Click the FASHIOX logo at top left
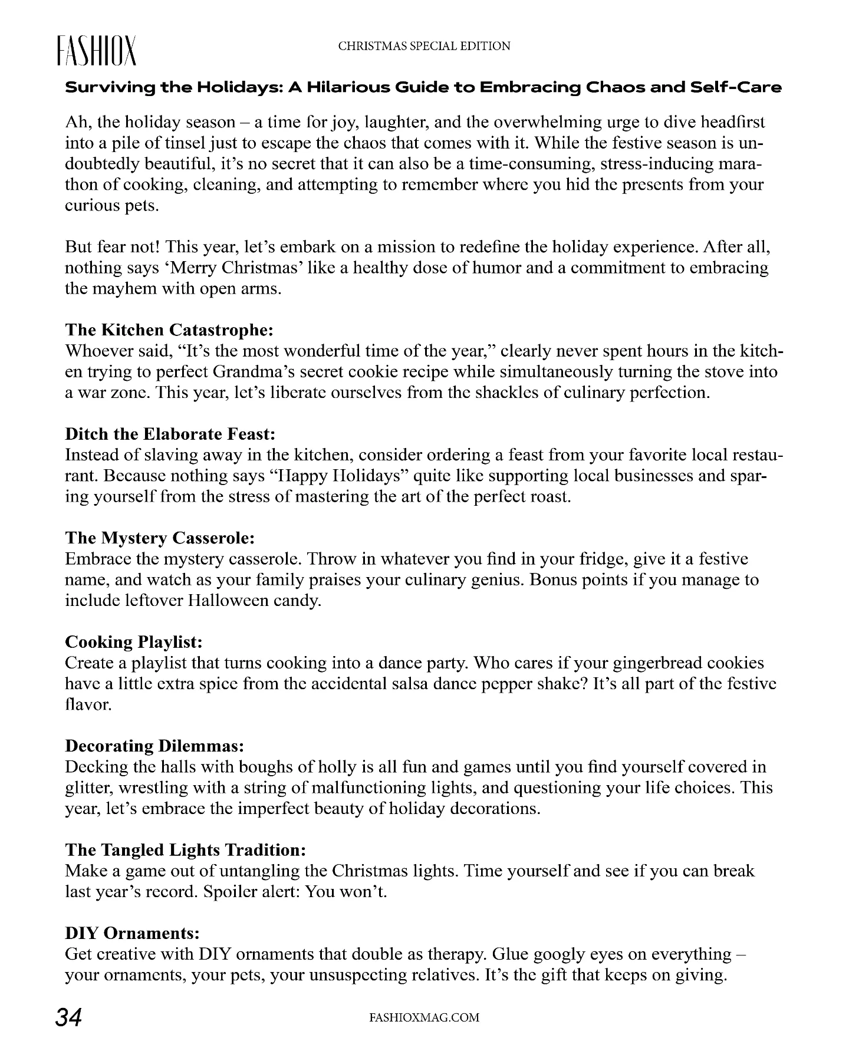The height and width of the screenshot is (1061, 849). click(x=97, y=51)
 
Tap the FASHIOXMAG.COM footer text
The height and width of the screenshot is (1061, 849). click(x=423, y=1017)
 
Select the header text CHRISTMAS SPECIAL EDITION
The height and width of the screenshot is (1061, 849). click(x=424, y=46)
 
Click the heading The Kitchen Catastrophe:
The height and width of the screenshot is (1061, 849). click(x=169, y=329)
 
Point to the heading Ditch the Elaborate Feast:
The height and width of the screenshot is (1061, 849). click(x=170, y=434)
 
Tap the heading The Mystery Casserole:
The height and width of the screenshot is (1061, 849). click(x=160, y=538)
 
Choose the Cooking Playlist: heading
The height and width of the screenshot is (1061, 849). click(x=134, y=641)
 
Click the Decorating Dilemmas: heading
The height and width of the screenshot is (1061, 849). click(x=154, y=746)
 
